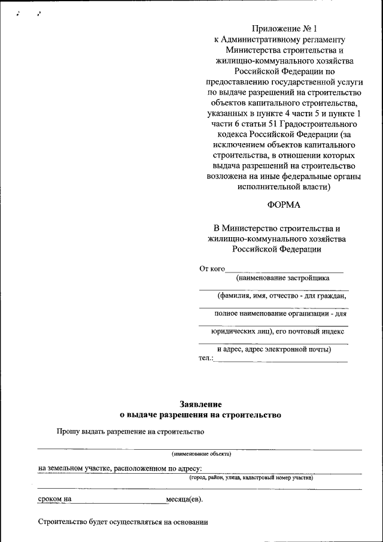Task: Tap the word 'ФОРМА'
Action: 284,205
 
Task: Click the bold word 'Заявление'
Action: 200,404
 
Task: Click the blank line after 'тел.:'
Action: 281,360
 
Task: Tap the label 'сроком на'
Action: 54,498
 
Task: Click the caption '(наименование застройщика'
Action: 282,278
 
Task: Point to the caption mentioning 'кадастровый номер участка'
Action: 251,478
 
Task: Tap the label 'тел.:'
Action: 205,358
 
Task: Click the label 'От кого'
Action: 212,268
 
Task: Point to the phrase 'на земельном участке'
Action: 74,468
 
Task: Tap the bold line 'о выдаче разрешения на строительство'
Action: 200,414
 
